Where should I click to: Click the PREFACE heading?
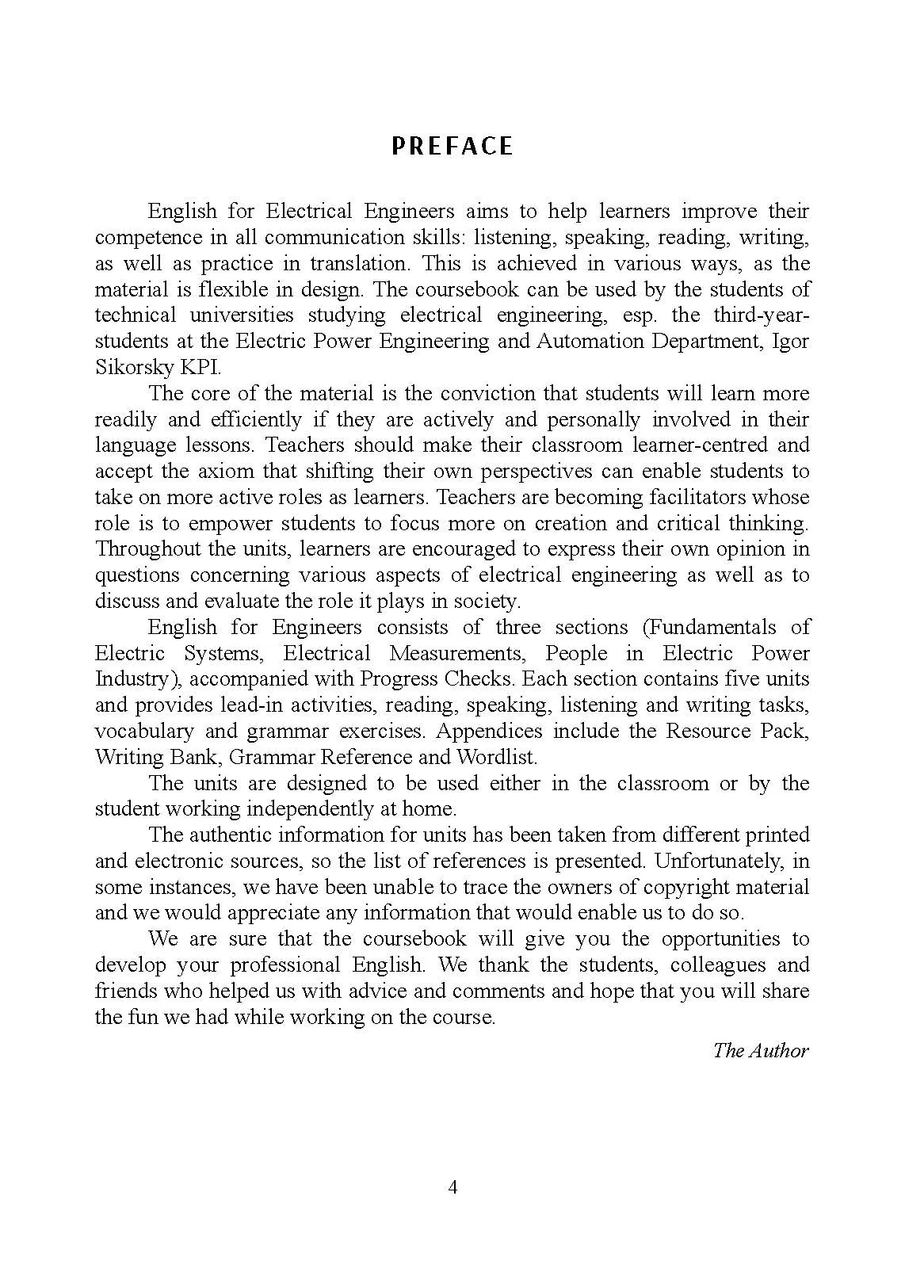[452, 146]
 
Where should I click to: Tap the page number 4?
[452, 1187]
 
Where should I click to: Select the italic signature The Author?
[761, 1050]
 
